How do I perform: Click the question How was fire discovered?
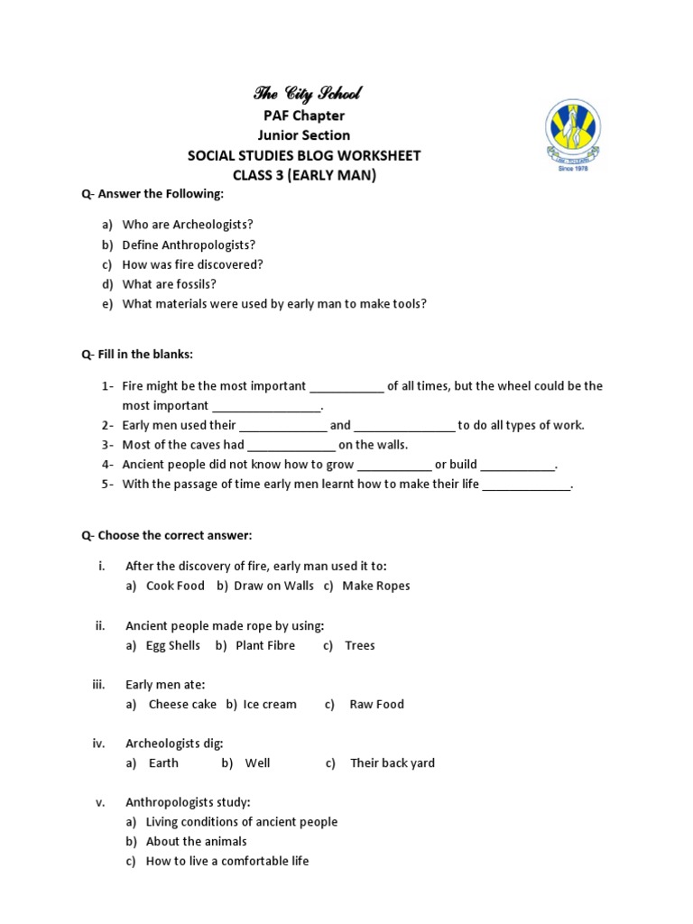(193, 264)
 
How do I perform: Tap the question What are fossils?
(170, 284)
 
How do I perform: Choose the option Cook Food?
(175, 586)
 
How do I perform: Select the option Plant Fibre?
(265, 645)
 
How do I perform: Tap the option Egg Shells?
(173, 645)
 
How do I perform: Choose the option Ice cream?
(270, 704)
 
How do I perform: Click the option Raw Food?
(376, 704)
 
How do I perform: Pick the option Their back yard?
(393, 762)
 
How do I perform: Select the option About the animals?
(196, 841)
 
